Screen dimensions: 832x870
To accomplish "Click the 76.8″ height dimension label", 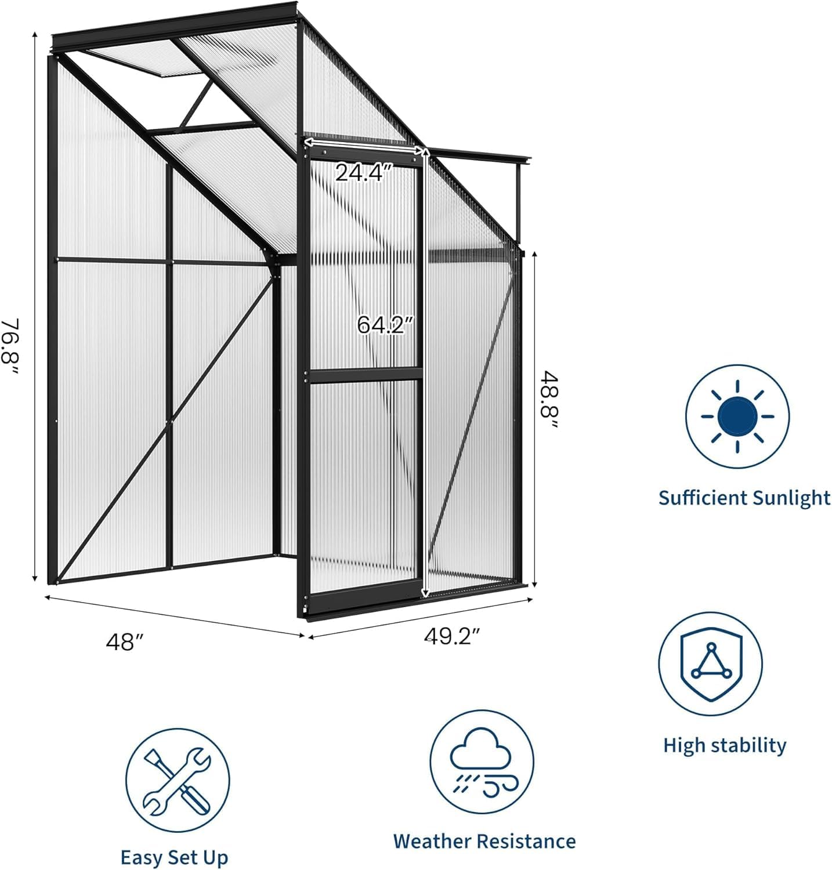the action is (x=12, y=346).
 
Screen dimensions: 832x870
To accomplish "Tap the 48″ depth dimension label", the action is (x=125, y=642).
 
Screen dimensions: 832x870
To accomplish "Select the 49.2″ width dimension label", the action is (x=453, y=636).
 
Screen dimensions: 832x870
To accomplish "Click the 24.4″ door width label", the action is (x=364, y=172).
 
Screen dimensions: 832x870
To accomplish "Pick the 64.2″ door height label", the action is (x=385, y=324).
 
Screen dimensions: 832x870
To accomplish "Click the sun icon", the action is (x=737, y=416).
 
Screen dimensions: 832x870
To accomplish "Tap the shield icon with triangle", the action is (x=710, y=664).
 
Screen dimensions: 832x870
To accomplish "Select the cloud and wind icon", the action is (x=482, y=762).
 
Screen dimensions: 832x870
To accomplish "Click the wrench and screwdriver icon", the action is (x=178, y=781).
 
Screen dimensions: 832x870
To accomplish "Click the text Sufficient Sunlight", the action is (x=744, y=498).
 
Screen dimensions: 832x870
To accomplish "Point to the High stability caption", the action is (x=725, y=745).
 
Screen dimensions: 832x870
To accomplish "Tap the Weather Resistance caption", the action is (x=484, y=841).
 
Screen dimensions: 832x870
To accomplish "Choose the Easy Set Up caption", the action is (x=174, y=858).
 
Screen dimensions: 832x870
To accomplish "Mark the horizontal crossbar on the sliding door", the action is (x=366, y=375).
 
